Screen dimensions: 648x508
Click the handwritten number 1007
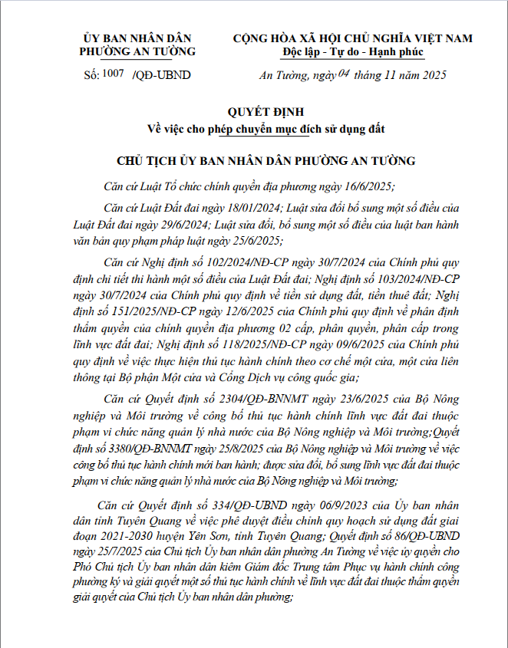click(113, 74)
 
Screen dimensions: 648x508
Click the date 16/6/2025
click(365, 186)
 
